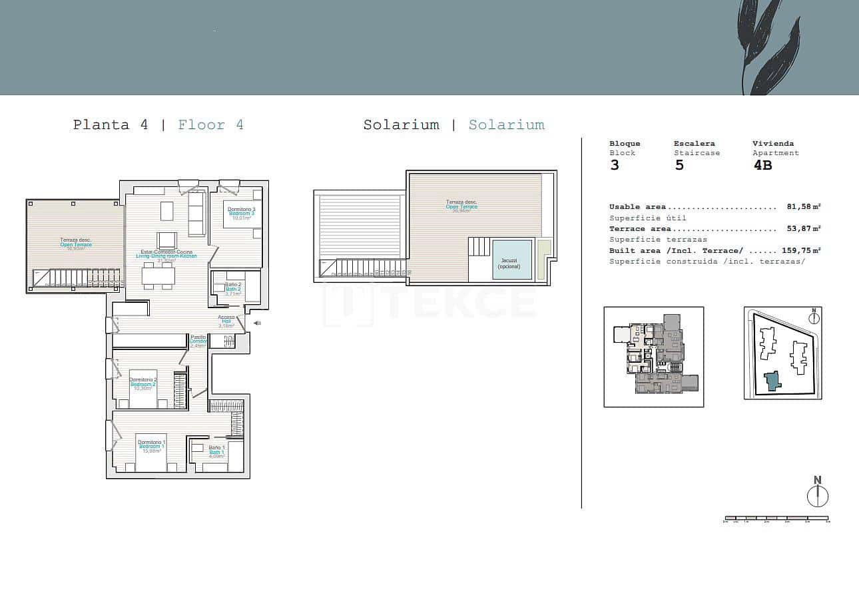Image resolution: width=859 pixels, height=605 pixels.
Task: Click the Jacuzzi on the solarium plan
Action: pyautogui.click(x=512, y=260)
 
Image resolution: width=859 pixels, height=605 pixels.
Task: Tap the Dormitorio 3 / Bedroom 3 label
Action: pyautogui.click(x=241, y=213)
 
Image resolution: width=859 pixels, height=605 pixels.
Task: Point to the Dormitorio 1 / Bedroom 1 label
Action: pyautogui.click(x=152, y=446)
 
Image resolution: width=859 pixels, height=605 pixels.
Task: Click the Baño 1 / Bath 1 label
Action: pyautogui.click(x=216, y=451)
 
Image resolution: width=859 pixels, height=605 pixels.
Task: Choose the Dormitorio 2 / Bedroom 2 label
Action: pyautogui.click(x=143, y=383)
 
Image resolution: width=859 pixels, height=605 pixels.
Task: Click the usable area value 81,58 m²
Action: pyautogui.click(x=803, y=207)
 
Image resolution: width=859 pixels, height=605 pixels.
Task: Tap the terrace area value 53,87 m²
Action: pyautogui.click(x=803, y=229)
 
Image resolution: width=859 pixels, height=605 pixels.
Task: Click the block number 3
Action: pyautogui.click(x=615, y=165)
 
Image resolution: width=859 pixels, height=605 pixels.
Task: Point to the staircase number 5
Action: pyautogui.click(x=679, y=165)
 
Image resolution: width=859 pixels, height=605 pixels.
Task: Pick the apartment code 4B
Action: pyautogui.click(x=762, y=165)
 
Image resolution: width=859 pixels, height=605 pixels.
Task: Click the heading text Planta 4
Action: pyautogui.click(x=111, y=124)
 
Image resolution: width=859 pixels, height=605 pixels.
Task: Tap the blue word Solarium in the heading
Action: pyautogui.click(x=507, y=124)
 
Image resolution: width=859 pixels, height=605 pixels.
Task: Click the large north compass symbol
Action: pyautogui.click(x=817, y=495)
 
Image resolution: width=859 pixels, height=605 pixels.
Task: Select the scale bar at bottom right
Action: pyautogui.click(x=776, y=518)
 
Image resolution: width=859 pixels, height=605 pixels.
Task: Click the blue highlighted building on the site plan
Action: pyautogui.click(x=772, y=381)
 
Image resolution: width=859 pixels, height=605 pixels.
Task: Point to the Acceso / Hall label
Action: pyautogui.click(x=226, y=321)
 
